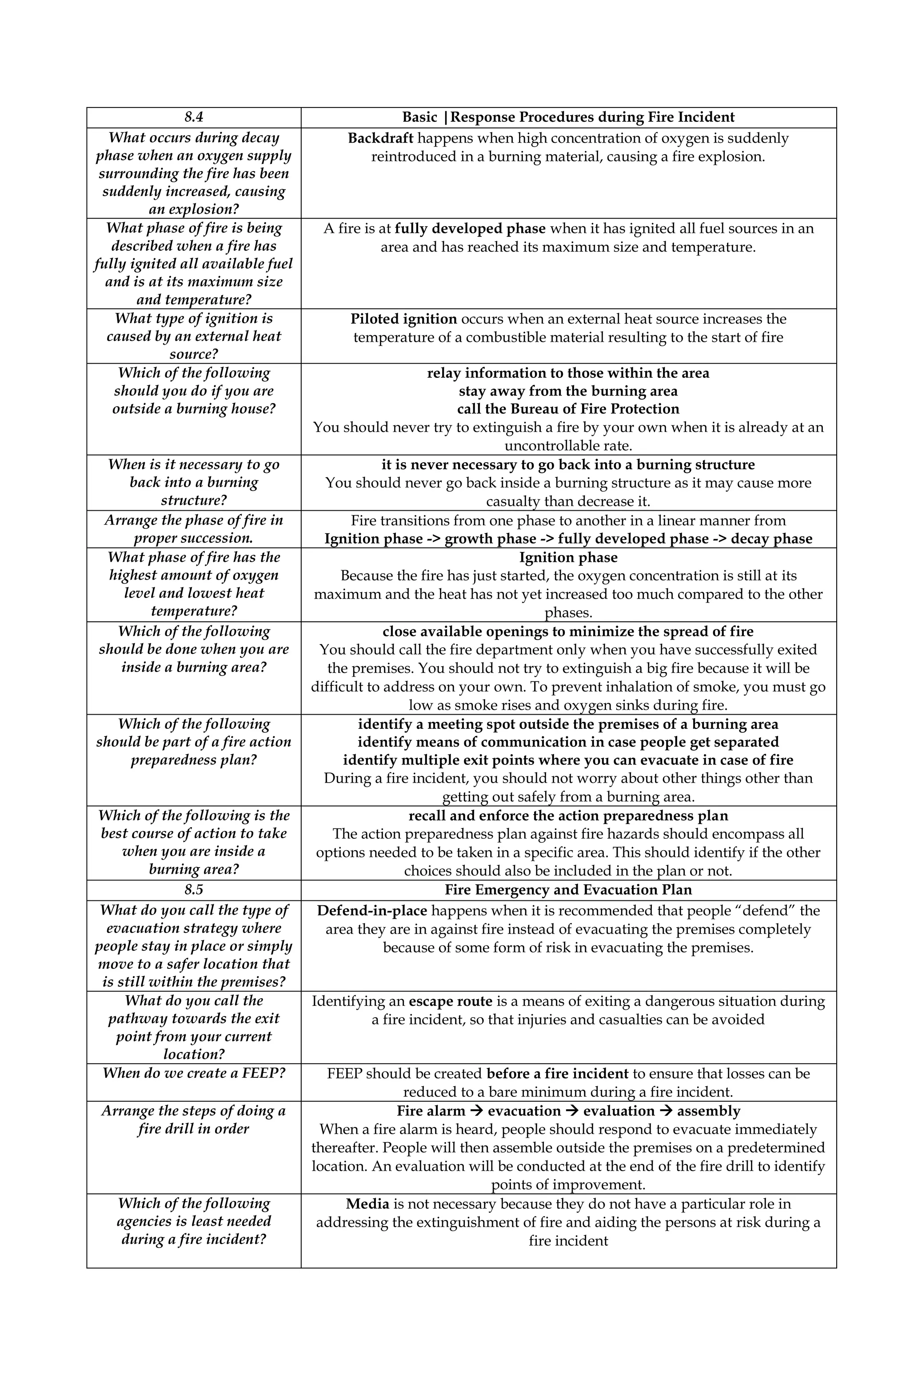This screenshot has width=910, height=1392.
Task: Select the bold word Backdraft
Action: pos(380,139)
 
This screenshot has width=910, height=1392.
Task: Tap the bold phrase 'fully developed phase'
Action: pos(470,229)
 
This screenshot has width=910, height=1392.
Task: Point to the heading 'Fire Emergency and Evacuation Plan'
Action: pos(567,890)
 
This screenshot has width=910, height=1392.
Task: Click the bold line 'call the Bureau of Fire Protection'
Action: pos(567,409)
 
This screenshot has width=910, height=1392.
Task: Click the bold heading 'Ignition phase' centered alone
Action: pos(567,557)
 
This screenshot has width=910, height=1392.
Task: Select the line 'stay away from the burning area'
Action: pos(567,391)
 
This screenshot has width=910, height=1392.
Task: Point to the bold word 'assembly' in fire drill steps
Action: pos(708,1111)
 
